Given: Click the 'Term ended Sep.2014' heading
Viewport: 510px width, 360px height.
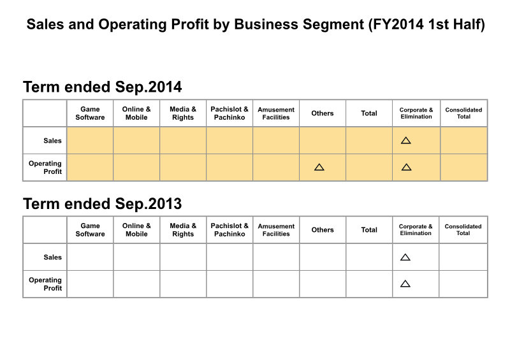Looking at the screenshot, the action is point(102,87).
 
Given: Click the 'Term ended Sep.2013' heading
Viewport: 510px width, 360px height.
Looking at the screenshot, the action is point(102,204).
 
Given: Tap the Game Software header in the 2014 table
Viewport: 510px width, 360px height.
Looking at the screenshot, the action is point(90,113).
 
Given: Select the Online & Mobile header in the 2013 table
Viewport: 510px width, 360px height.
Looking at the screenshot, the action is point(136,229).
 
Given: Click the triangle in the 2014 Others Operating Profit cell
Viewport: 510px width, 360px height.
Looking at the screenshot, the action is point(319,167).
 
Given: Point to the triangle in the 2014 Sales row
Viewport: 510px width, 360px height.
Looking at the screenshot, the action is point(405,140).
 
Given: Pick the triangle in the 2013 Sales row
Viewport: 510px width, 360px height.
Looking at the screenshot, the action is point(405,257).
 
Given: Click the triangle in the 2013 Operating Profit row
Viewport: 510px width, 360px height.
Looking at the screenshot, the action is point(405,284).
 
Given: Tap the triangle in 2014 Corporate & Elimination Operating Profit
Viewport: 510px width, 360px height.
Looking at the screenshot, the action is point(406,167).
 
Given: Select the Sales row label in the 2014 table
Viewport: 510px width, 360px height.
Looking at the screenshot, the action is point(52,140).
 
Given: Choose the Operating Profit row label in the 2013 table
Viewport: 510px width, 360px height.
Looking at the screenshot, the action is point(45,284).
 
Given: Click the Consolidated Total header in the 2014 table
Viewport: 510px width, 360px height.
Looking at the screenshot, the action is point(463,113).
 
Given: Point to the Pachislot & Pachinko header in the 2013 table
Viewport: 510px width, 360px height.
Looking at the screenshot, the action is point(229,229).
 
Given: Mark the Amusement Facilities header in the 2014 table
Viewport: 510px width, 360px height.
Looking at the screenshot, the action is point(276,113).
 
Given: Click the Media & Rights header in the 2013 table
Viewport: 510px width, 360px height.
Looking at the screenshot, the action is point(183,229).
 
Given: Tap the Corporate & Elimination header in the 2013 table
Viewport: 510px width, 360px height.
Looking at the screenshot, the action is point(416,229).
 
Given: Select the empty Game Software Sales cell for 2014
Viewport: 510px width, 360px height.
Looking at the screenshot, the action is point(90,140).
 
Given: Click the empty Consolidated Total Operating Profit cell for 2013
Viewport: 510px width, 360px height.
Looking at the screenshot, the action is point(463,284).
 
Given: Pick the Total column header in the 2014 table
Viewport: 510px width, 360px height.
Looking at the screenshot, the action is point(369,113).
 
